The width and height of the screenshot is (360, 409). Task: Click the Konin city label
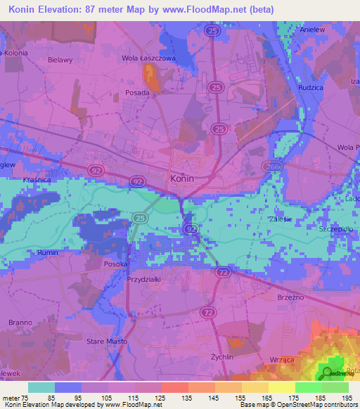182,179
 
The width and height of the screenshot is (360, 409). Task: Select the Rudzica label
309,88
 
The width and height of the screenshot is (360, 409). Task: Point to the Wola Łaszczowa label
148,58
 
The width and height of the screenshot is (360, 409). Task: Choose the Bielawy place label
60,60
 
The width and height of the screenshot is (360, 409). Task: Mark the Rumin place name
47,253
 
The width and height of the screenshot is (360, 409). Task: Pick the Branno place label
20,322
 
